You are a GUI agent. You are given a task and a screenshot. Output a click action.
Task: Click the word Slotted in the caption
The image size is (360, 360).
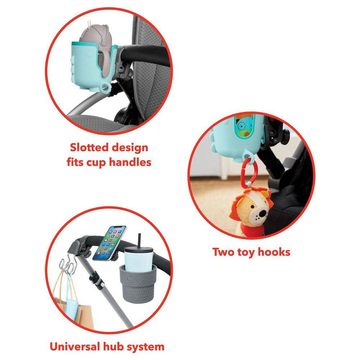(89, 147)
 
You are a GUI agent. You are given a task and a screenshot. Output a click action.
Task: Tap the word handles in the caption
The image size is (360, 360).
(130, 162)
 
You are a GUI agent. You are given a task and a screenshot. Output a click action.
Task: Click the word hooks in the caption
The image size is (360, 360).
(274, 252)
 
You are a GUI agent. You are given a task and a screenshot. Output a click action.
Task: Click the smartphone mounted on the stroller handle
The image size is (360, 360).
(109, 243)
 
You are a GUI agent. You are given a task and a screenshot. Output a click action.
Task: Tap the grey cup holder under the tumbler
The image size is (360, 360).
(137, 283)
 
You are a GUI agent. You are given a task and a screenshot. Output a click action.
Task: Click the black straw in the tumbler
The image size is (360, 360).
(139, 240)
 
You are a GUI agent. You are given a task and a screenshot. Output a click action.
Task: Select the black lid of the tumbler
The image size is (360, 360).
(138, 250)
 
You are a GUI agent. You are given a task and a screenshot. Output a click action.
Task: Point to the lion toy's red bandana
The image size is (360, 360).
(250, 229)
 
